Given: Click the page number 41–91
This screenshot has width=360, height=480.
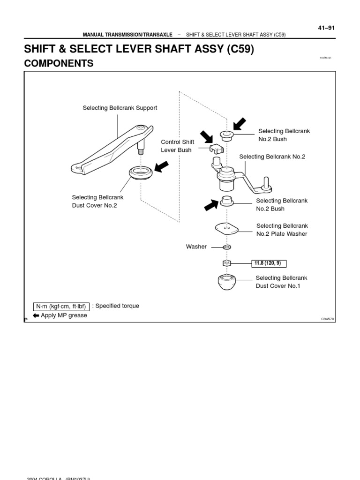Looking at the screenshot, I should (326, 28).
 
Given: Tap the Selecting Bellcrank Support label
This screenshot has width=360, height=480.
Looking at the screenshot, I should (120, 108).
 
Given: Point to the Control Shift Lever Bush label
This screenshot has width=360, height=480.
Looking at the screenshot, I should (177, 146).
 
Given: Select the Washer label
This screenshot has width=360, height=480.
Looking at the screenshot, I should (196, 247).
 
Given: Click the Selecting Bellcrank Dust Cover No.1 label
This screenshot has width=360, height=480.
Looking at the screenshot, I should (281, 282).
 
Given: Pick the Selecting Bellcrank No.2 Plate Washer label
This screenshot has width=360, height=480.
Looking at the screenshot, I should (282, 230).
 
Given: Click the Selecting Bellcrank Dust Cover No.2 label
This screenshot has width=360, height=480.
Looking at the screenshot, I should (97, 202).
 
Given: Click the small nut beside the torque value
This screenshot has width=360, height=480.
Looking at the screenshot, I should (227, 263).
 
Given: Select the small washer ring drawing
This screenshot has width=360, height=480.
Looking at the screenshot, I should (227, 247).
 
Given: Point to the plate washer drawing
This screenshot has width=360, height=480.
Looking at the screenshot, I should (227, 228).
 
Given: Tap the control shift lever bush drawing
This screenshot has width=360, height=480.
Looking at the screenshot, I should (217, 149).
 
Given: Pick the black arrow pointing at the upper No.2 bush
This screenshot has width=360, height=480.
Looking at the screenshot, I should (239, 124).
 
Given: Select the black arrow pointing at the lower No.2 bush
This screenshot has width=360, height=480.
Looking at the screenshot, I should (211, 204).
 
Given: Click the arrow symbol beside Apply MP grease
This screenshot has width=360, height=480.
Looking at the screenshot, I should (36, 315).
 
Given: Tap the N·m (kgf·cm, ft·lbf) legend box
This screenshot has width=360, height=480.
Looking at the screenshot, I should (61, 307).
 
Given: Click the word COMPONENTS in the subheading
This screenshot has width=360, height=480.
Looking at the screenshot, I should (59, 63).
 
